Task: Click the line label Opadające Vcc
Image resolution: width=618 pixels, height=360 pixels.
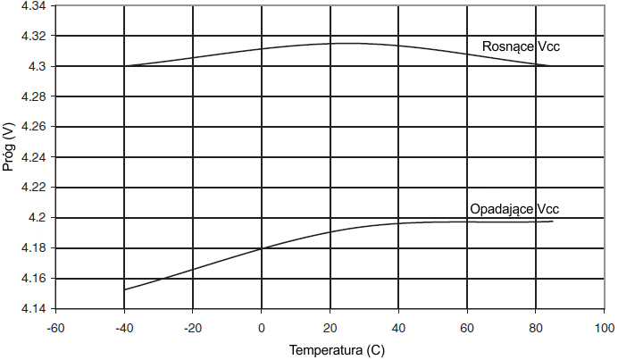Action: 514,209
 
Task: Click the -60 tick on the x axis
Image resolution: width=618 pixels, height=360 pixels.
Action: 55,326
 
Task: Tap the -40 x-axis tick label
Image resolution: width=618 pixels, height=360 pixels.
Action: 123,326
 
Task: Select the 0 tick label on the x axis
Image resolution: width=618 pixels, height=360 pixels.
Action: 262,326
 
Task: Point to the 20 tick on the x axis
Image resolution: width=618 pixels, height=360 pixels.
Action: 330,326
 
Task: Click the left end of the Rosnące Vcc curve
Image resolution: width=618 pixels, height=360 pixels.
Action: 125,65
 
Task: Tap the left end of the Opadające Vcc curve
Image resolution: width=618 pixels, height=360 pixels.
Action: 125,289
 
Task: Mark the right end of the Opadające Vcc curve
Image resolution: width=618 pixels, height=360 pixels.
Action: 553,221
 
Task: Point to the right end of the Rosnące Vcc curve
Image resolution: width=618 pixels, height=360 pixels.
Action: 548,65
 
